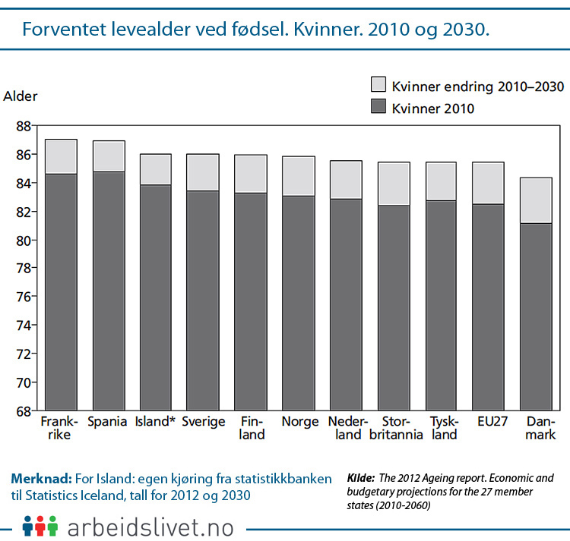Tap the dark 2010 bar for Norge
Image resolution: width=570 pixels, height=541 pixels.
tap(298, 304)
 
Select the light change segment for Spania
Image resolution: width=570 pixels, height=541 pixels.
tap(109, 156)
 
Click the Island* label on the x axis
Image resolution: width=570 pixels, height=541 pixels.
tap(155, 422)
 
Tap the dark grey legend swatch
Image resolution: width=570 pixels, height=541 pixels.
tap(378, 108)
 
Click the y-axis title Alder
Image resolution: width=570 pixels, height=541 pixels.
tap(20, 96)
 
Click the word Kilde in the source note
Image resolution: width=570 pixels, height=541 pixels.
tap(360, 479)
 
